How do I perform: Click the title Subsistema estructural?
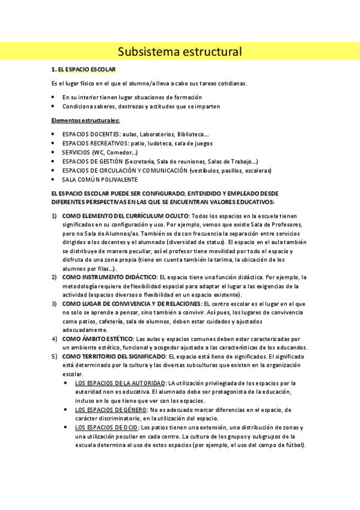tap(180, 52)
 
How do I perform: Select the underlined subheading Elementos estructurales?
tap(85, 120)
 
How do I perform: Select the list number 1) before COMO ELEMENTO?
tap(54, 215)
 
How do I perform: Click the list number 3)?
tap(54, 304)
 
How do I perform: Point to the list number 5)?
tap(54, 357)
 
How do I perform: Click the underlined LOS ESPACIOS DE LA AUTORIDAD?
tap(120, 383)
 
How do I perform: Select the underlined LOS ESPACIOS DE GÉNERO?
tap(113, 410)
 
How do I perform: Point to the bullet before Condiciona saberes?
tap(54, 106)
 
